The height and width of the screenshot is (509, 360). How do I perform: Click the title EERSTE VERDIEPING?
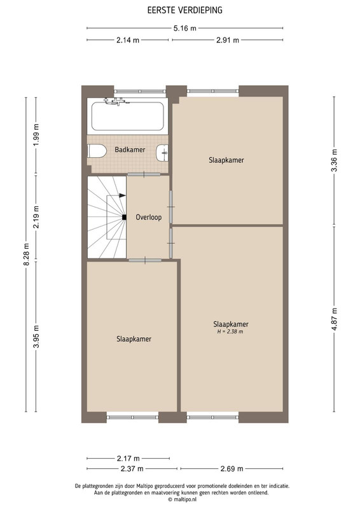(x=184, y=10)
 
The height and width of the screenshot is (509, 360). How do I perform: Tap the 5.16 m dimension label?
(x=184, y=28)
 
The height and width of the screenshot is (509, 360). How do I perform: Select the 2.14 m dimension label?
(x=128, y=40)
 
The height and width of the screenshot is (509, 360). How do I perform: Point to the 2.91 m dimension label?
(x=228, y=40)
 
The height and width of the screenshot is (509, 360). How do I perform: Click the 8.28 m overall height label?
(x=26, y=254)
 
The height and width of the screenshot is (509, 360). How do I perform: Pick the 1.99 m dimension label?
(x=36, y=135)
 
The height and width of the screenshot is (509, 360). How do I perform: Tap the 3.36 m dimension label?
(x=335, y=160)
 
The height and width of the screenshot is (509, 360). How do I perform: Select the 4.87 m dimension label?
(x=335, y=319)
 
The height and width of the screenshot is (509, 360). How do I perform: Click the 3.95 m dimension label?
(x=36, y=337)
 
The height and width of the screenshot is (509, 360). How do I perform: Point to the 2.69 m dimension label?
(x=232, y=468)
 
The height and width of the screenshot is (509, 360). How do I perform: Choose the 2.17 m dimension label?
(x=128, y=458)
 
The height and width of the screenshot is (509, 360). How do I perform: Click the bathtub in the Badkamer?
(x=128, y=116)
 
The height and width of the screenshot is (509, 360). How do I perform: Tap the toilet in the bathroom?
(x=97, y=151)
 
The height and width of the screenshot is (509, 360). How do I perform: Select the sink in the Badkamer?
(x=162, y=153)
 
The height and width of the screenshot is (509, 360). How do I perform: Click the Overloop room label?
(x=149, y=217)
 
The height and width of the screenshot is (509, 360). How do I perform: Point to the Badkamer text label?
(x=130, y=150)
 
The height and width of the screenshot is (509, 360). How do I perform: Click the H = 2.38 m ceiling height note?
(x=230, y=331)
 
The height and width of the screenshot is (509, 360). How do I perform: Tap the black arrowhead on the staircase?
(x=122, y=195)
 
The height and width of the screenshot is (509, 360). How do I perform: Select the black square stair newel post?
(x=124, y=218)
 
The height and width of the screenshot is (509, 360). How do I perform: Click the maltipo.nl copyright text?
(x=182, y=499)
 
